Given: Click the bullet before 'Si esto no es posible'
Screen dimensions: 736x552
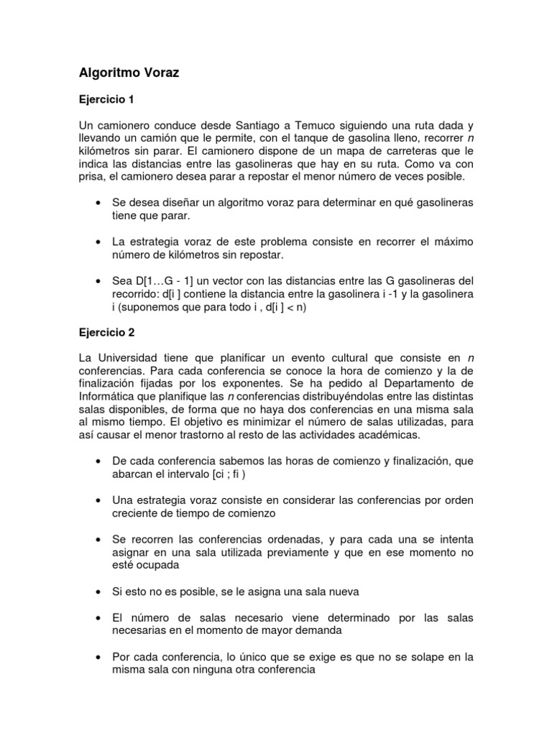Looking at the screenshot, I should (97, 592).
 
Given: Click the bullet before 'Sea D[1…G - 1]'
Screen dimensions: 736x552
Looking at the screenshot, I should (97, 280).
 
